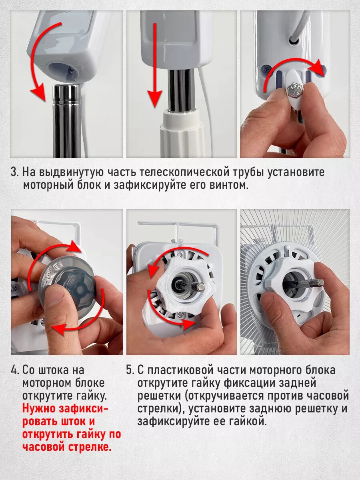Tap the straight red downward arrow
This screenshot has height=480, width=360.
point(155,65)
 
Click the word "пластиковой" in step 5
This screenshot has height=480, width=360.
point(180,370)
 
